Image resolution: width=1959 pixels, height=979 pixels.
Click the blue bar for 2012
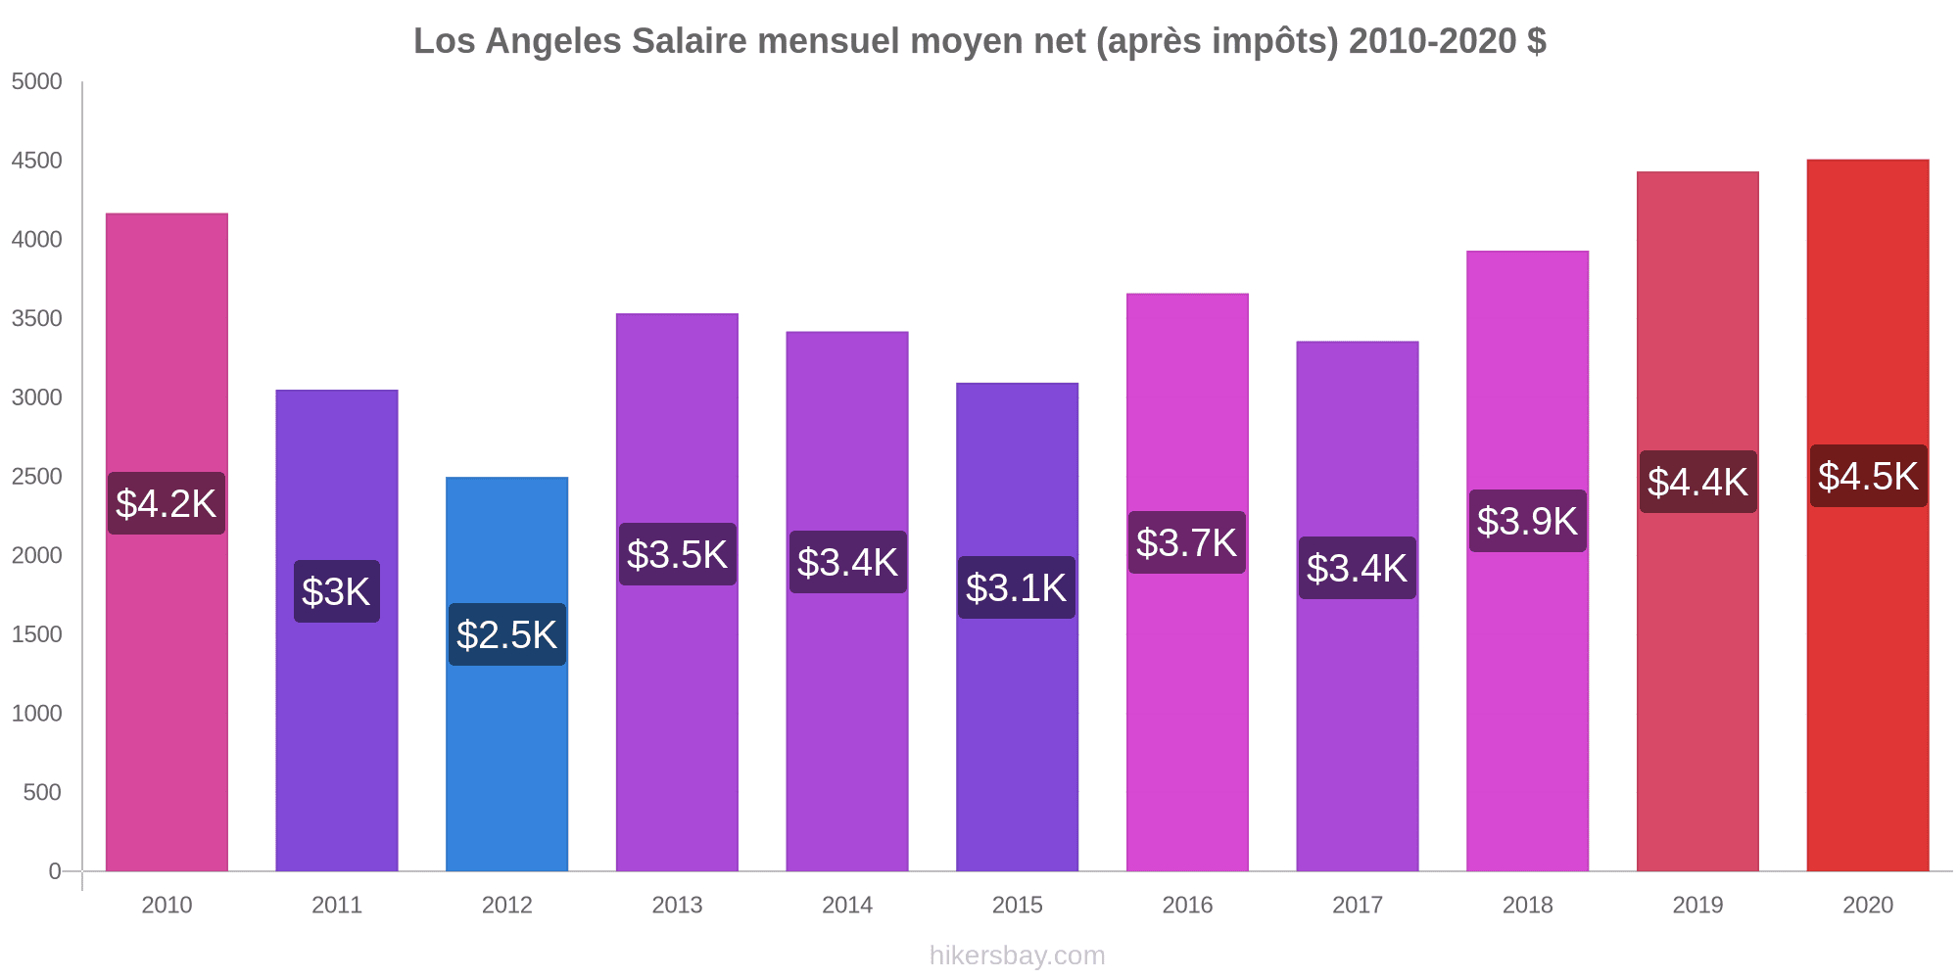(x=506, y=744)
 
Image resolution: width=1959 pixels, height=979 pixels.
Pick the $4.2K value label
(x=166, y=503)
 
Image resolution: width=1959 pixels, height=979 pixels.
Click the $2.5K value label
(x=506, y=634)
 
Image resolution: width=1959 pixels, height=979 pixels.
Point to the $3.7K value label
(x=1186, y=542)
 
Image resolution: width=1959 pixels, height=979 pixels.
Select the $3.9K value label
(x=1527, y=521)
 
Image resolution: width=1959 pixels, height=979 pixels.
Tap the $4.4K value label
(x=1697, y=482)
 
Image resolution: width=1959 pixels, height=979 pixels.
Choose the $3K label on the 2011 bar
(x=336, y=591)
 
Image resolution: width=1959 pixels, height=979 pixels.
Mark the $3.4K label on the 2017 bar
(x=1357, y=568)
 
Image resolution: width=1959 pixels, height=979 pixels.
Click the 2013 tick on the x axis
(x=677, y=905)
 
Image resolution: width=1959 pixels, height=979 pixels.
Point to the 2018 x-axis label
(x=1527, y=905)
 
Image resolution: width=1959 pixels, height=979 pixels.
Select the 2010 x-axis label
(x=167, y=905)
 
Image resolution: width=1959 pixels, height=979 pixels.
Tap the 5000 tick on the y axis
(x=36, y=82)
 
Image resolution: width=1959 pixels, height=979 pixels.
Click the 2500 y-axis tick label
(x=36, y=477)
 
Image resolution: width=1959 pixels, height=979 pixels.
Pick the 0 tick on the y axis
(x=55, y=871)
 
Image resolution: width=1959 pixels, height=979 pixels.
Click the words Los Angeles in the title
(x=517, y=41)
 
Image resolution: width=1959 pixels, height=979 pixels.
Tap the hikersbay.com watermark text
(x=1017, y=956)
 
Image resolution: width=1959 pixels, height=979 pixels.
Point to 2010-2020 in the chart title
(x=1433, y=41)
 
